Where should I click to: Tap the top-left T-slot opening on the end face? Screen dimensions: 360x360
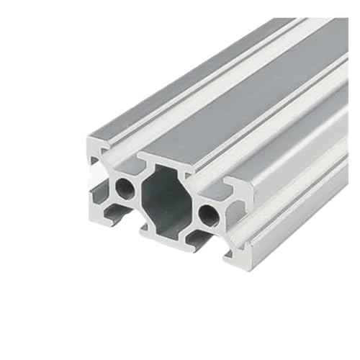119,153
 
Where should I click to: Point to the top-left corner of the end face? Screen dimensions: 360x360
89,137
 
